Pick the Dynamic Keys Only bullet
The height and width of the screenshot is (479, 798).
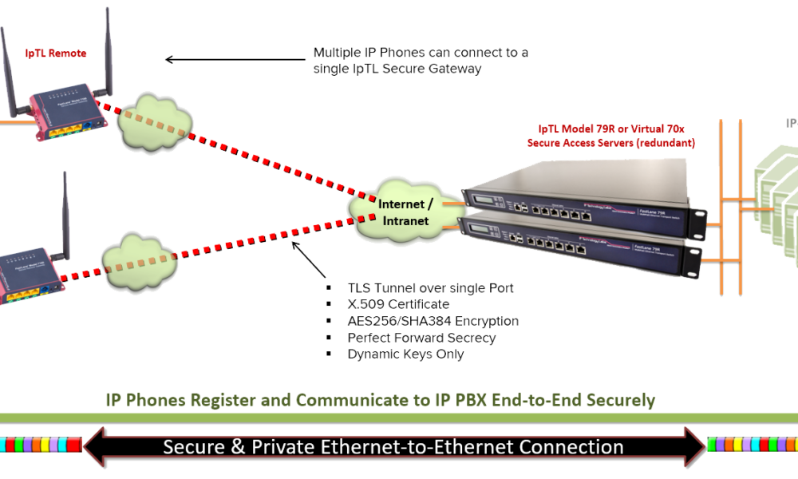click(x=406, y=354)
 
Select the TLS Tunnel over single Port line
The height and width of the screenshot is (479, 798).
click(x=431, y=287)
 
